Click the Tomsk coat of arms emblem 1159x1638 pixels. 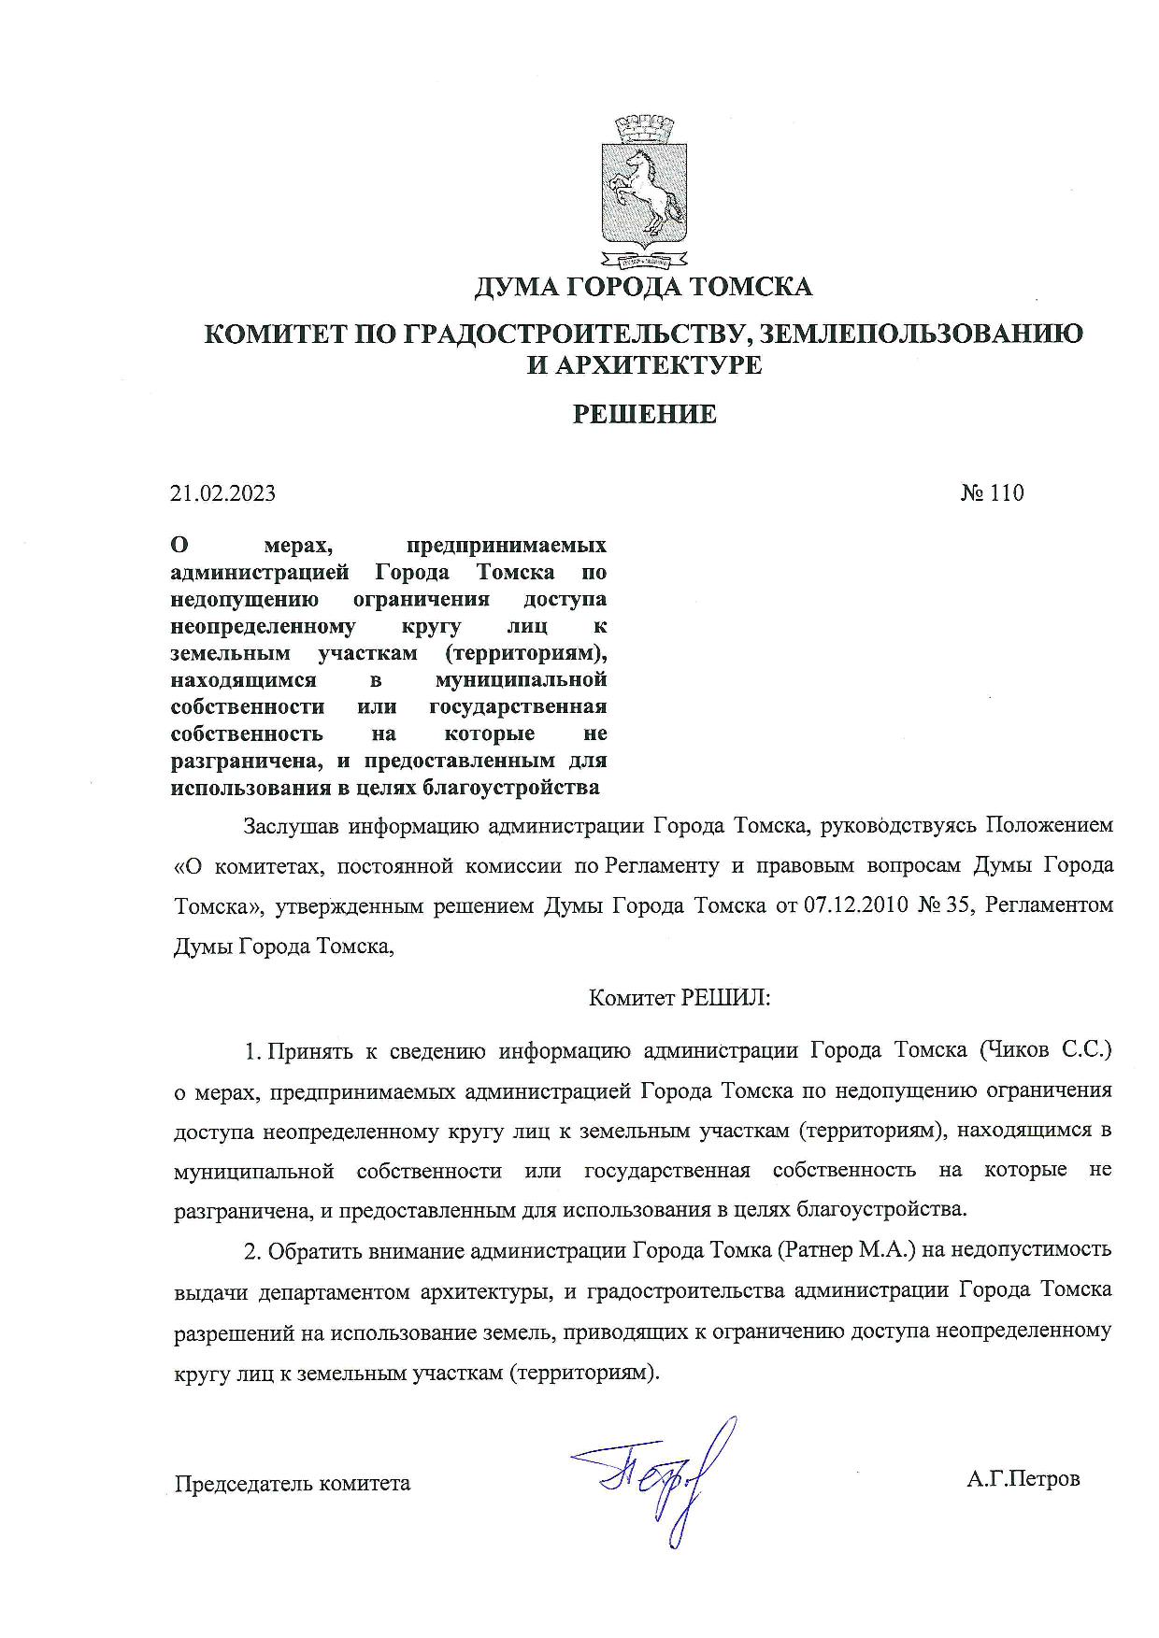pyautogui.click(x=643, y=192)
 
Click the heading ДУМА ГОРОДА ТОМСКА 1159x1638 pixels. pyautogui.click(x=643, y=286)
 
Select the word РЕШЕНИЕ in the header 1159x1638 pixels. pyautogui.click(x=644, y=414)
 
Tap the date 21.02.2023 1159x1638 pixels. pyautogui.click(x=222, y=493)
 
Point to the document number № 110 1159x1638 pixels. pyautogui.click(x=992, y=493)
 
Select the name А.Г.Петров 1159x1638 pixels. pyautogui.click(x=1023, y=1479)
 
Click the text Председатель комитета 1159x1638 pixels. pyautogui.click(x=293, y=1484)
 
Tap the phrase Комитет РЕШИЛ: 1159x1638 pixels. pyautogui.click(x=680, y=998)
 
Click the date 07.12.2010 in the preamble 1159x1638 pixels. pyautogui.click(x=856, y=906)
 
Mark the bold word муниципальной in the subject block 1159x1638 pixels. pyautogui.click(x=522, y=679)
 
